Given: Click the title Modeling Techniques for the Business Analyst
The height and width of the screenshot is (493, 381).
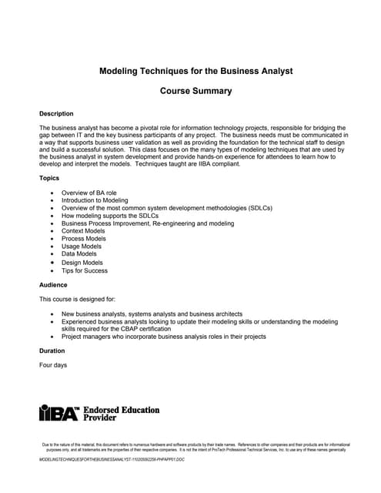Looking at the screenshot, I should [x=196, y=71].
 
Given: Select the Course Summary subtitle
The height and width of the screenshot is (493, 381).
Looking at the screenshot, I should [x=196, y=91].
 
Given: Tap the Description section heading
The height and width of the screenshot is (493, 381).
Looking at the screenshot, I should [x=56, y=113].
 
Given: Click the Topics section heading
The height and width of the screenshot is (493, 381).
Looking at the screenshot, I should [x=49, y=178].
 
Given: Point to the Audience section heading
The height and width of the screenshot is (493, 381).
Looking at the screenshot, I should [x=53, y=285].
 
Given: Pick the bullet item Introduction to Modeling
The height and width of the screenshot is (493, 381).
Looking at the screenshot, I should [x=95, y=200].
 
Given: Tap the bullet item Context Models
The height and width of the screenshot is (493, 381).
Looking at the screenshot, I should [x=83, y=231].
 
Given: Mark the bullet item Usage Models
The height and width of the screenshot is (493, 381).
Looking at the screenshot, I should [x=82, y=246].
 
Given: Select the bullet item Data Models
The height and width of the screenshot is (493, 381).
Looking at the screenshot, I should [x=79, y=254].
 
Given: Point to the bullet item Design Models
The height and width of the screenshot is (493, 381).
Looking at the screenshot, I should [x=82, y=263].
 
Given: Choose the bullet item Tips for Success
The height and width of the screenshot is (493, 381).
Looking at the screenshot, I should [x=85, y=270].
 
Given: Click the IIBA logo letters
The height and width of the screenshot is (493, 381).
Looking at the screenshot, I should [x=59, y=414].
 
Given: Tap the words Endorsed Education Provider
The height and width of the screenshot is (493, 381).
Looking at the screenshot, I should [x=121, y=414].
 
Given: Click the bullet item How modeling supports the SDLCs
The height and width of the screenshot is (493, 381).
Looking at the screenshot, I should [x=110, y=216].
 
